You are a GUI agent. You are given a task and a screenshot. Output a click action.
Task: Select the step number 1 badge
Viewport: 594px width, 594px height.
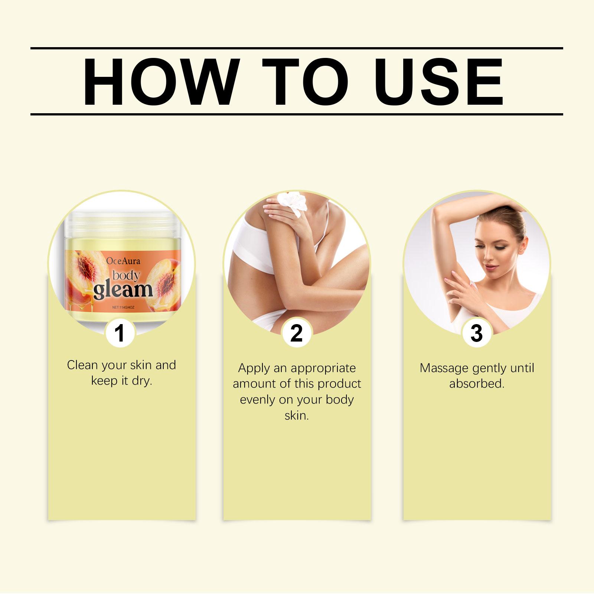click(120, 333)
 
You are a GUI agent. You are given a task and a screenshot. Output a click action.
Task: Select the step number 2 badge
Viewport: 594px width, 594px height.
click(296, 333)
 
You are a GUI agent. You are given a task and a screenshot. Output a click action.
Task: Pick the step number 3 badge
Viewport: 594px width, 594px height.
click(476, 333)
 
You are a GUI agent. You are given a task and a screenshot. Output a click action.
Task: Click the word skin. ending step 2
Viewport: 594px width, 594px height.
click(297, 415)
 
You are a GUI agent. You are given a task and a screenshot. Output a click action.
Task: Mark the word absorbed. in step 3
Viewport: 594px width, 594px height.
click(477, 384)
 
